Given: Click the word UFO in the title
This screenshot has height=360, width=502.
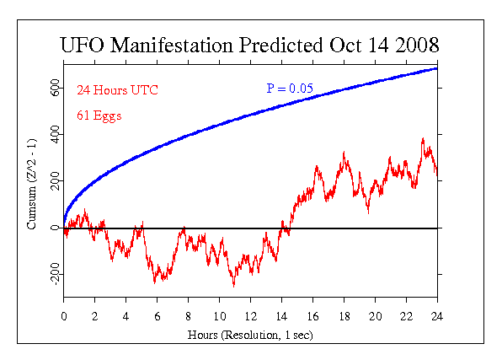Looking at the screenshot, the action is point(83,45).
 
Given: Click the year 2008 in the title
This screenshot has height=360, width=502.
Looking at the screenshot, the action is point(417,45).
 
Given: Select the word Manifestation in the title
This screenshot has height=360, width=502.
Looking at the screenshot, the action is point(171,45).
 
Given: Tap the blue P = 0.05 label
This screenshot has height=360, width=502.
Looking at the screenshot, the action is point(290,89).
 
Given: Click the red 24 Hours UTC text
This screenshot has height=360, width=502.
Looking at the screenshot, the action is point(117,90).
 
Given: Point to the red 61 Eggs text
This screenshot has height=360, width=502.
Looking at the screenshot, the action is point(99,116).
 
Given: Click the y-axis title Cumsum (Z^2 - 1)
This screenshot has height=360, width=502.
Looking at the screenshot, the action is point(32,184).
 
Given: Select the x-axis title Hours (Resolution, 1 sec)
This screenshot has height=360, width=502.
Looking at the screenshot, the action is point(250,335).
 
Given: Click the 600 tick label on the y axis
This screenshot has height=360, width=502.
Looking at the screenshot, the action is point(56,88).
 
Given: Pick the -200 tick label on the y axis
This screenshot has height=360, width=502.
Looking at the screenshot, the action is point(56,273).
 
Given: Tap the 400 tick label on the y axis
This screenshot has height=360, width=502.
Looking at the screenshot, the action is point(56,134).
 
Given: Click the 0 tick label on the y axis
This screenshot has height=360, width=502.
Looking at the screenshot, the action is point(56,228).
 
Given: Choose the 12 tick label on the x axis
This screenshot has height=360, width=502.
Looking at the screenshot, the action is point(251,317).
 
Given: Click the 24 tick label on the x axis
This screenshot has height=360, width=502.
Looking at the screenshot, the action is point(437,317).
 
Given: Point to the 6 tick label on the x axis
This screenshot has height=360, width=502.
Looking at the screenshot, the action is point(158,317).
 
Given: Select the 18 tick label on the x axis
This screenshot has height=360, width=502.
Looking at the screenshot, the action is point(344,317).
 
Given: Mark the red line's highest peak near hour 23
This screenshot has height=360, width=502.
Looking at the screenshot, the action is point(423,138).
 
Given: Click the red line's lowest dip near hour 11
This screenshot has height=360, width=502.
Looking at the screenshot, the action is point(233,287).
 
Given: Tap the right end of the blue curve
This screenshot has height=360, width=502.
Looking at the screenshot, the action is point(436,68).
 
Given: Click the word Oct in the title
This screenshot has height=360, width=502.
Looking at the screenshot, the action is point(346,45).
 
